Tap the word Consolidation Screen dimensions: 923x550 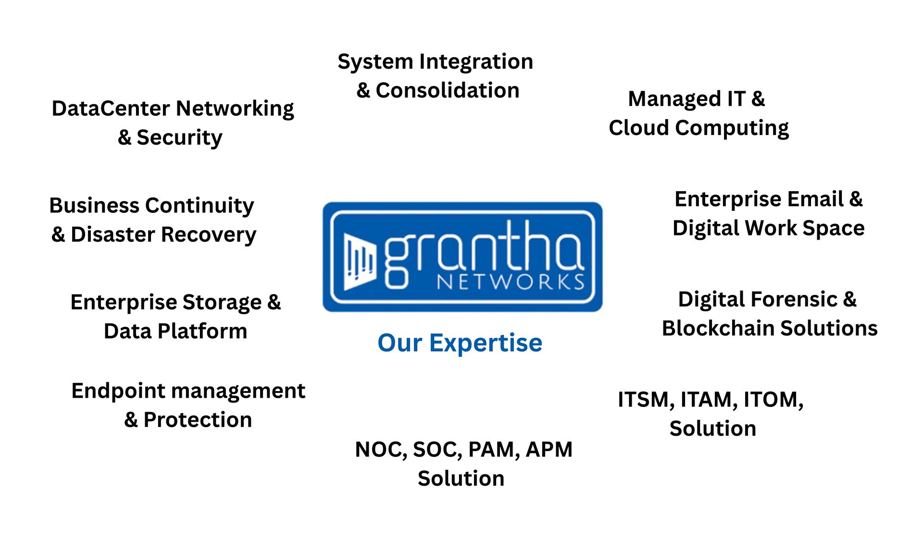tap(448, 90)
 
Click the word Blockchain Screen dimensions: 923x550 tap(718, 329)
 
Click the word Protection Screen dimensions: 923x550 tap(198, 420)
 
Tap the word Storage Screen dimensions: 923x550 tap(222, 303)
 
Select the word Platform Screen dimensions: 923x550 tap(202, 331)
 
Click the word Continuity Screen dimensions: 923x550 tap(200, 206)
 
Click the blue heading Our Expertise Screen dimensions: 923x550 tap(460, 343)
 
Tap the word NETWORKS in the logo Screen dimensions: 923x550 tap(511, 282)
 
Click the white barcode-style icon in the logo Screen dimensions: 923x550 tap(360, 262)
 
